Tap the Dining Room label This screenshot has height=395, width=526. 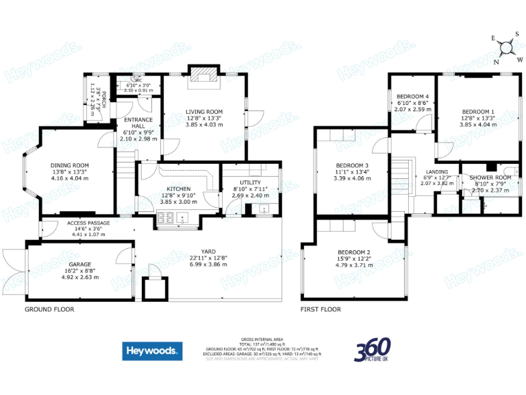point(70,165)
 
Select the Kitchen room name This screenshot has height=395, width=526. point(177,189)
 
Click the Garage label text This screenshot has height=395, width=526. point(79,264)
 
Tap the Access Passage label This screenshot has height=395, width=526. point(88,223)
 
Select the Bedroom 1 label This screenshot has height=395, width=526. point(477,112)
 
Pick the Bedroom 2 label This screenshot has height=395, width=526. point(353,252)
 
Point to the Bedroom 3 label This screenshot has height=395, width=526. point(352,165)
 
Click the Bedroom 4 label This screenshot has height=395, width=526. point(413,97)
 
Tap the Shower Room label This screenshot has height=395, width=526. point(490,178)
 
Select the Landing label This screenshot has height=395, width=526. point(437,171)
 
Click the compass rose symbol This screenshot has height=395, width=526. point(508,47)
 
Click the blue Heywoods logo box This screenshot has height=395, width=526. point(152,350)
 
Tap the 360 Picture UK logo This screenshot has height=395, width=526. point(373,350)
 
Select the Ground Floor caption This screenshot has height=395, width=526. point(49,309)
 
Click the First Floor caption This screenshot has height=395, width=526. point(321,309)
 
